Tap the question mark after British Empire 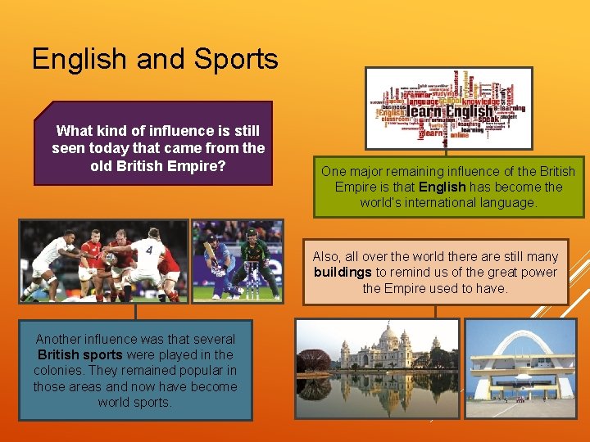point(221,166)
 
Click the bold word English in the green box point(442,187)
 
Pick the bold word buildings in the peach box point(343,273)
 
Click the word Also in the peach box point(326,257)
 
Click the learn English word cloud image point(448,109)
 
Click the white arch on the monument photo point(521,344)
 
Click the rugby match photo point(104,260)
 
